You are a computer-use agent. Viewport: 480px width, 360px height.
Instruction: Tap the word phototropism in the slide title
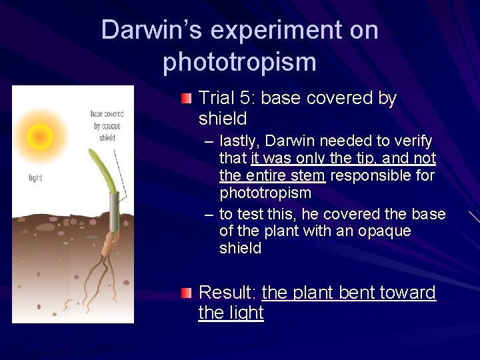click(x=239, y=62)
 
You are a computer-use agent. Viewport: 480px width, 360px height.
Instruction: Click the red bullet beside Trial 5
click(x=187, y=99)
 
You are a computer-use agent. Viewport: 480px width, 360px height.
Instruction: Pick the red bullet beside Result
click(x=187, y=293)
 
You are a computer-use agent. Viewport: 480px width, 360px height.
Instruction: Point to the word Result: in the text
click(x=228, y=293)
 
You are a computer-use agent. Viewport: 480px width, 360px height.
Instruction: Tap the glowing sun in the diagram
click(x=40, y=137)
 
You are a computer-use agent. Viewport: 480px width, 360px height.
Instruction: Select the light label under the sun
click(x=36, y=177)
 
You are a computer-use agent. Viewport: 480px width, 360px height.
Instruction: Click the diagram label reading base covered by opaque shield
click(x=107, y=125)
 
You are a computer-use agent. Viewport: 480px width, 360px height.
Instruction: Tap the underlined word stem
click(x=307, y=176)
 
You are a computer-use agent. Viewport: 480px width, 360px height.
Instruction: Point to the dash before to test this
click(x=209, y=214)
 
